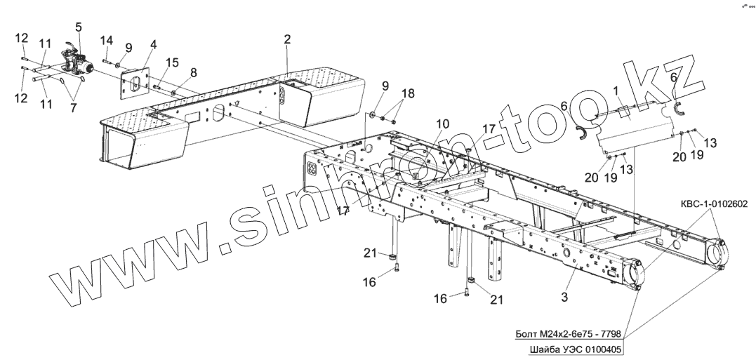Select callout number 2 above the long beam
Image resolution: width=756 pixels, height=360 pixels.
[x=287, y=40]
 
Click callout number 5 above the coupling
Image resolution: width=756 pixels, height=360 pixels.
[x=78, y=27]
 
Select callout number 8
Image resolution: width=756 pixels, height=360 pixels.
[x=194, y=72]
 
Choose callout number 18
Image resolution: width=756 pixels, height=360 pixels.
[x=408, y=93]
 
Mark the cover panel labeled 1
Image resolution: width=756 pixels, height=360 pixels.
[x=632, y=126]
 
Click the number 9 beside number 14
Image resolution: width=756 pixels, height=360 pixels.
[x=128, y=48]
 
